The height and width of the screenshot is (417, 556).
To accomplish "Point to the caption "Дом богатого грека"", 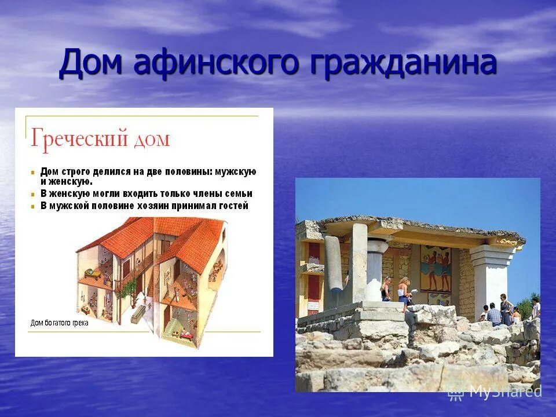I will click(59, 323).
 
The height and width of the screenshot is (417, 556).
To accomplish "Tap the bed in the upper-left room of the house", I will click(92, 272).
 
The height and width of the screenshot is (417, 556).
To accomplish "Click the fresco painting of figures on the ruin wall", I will click(435, 269).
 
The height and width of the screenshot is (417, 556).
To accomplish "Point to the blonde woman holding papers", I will click(404, 291).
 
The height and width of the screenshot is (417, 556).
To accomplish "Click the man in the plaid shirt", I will click(494, 314).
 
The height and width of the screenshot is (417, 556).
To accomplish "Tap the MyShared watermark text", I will click(505, 392).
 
